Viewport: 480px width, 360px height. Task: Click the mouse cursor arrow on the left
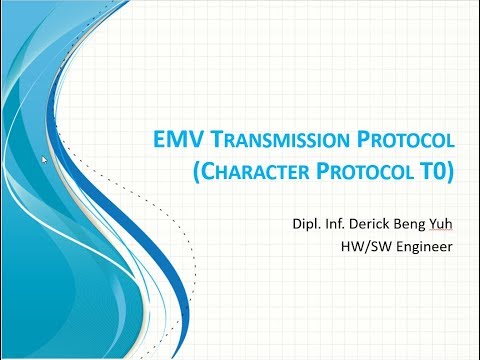click(x=45, y=159)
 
